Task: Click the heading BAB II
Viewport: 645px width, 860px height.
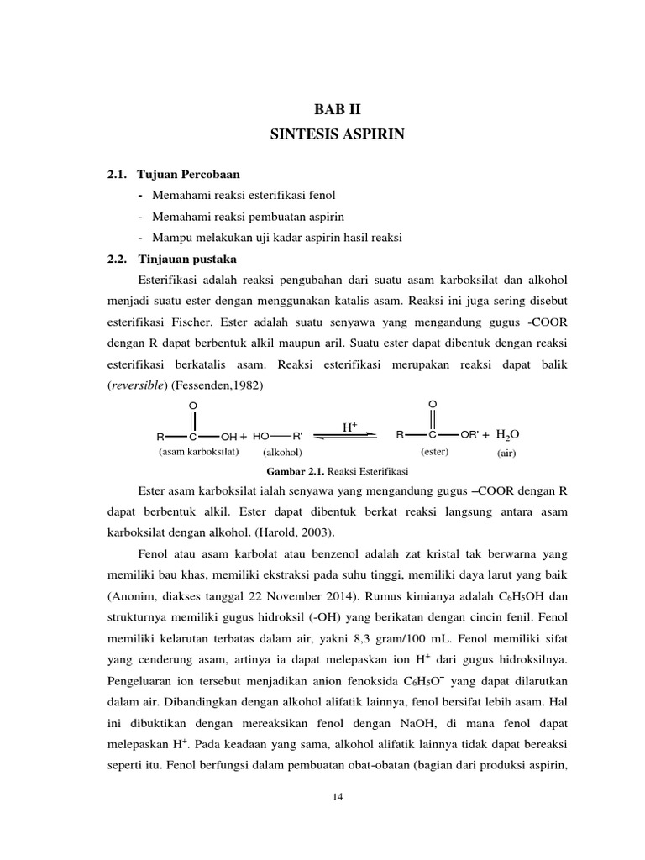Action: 336,109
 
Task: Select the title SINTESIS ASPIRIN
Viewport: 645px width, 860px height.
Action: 336,134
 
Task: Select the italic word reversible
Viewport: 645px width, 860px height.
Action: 139,385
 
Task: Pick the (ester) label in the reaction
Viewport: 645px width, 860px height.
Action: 434,451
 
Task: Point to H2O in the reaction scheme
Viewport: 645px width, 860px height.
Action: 507,434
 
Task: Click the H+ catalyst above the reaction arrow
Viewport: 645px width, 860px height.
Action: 349,427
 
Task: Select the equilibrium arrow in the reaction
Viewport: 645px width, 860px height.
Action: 349,437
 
